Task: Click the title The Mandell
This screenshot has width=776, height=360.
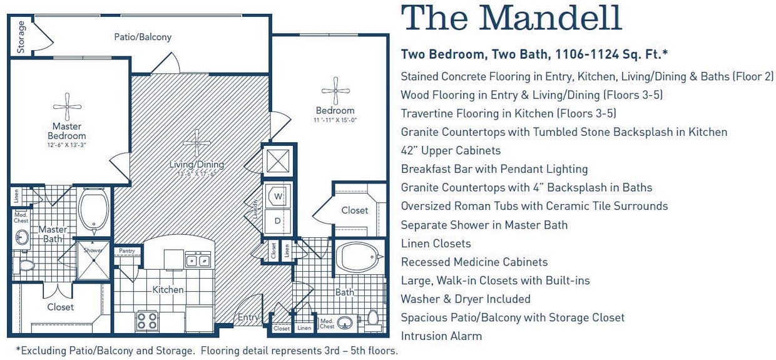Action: pos(511,19)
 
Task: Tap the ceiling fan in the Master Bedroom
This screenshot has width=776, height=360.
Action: pos(67,106)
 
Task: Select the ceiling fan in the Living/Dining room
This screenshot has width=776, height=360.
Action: pos(197,143)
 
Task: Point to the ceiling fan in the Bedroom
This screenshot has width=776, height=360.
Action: pos(336,91)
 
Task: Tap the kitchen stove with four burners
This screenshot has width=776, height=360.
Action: pos(148,321)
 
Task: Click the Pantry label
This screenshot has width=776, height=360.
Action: pos(127,250)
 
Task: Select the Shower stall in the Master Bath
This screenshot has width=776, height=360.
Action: pos(93,259)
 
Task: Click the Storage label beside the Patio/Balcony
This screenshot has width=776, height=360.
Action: pos(21,36)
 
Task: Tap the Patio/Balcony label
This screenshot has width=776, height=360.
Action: pos(143,37)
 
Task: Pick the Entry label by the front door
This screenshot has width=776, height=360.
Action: pos(248,317)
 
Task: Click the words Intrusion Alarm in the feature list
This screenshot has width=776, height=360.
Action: pos(441,336)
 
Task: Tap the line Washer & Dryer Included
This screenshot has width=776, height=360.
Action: pos(466,299)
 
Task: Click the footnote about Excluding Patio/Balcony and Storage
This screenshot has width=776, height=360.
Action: pos(207,351)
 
